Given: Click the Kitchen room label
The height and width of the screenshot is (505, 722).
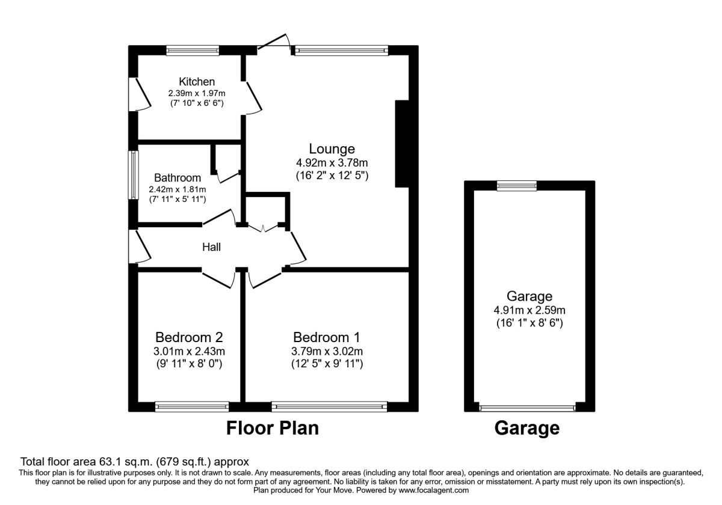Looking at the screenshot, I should [x=197, y=82].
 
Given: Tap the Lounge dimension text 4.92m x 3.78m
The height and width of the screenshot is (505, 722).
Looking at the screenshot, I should [x=332, y=162].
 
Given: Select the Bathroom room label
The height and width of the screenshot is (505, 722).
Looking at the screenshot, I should [x=177, y=178].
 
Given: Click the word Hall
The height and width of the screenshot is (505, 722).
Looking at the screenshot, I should [x=211, y=246].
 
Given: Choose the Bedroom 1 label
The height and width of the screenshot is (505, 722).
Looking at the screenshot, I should [x=327, y=337].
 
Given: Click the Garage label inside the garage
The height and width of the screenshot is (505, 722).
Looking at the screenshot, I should [x=529, y=296].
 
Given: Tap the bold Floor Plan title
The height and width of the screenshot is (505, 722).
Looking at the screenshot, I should [x=272, y=428].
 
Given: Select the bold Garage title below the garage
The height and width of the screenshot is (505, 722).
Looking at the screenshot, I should [x=527, y=428].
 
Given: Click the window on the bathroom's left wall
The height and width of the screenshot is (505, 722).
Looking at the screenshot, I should [x=132, y=174].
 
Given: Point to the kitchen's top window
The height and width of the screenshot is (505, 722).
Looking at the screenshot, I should [x=193, y=50].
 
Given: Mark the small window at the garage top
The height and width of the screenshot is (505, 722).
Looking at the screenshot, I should [x=516, y=186].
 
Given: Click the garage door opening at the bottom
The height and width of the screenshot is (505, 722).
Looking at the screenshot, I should [x=527, y=408].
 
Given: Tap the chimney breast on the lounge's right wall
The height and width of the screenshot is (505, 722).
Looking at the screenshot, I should [x=402, y=144].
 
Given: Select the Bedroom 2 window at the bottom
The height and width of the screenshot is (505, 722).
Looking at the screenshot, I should [x=192, y=407].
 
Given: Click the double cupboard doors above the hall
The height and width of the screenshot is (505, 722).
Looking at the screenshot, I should [x=265, y=227].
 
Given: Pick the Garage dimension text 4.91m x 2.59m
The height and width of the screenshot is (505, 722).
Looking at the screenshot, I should [x=529, y=310].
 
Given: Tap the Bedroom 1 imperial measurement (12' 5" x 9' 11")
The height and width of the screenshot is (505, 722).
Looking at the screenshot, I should [x=327, y=364].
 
